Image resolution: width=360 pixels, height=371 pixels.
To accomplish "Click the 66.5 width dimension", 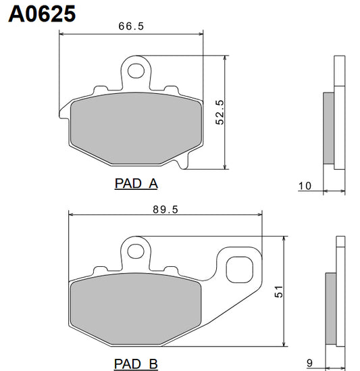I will [131, 26].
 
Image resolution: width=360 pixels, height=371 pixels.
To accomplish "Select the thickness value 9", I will [309, 362].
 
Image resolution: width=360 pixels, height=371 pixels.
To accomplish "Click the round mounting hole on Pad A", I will [138, 69].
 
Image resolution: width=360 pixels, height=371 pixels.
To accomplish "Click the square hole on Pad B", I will [238, 270].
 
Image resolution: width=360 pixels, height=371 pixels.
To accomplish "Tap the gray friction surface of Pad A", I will [134, 128].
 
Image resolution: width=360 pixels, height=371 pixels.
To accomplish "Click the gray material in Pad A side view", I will [329, 128].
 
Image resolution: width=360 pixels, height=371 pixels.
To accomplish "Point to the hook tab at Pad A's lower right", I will [184, 160].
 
